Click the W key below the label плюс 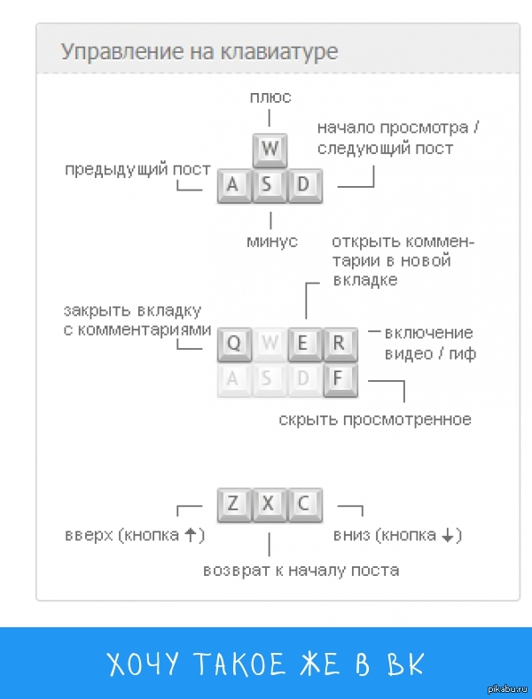270,150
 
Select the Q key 234,344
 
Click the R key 339,344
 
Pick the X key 269,504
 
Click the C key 304,504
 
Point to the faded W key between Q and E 270,344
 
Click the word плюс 270,97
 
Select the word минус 271,240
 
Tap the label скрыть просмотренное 374,418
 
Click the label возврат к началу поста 301,570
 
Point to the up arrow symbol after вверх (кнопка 190,535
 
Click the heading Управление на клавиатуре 199,51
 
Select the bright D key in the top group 304,185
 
